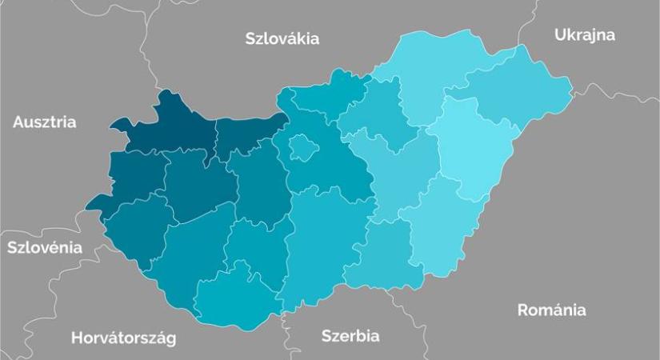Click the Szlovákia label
click(x=282, y=38)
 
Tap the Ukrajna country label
click(x=584, y=34)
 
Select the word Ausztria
click(x=45, y=122)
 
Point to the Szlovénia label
click(x=44, y=247)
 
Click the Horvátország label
click(x=123, y=337)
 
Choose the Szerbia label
click(x=350, y=335)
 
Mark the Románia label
click(x=551, y=310)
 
